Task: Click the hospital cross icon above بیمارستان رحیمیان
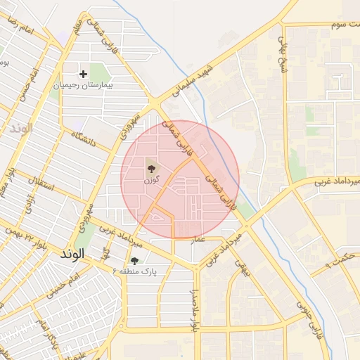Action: coord(84,73)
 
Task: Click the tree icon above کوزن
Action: coord(150,168)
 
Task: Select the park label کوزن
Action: coord(149,180)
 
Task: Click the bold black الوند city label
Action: coord(73,252)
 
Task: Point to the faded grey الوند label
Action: coord(21,129)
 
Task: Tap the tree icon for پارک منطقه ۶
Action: coord(134,261)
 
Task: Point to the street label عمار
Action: coord(198,240)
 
